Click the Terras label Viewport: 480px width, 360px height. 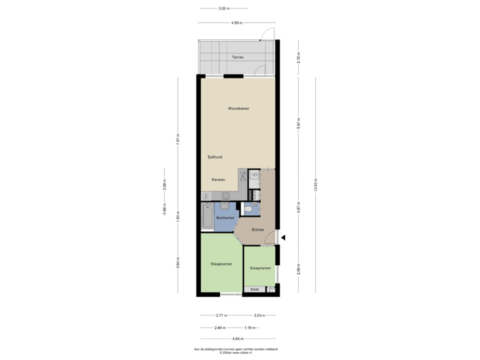(237, 57)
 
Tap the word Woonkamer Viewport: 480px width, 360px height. (238, 108)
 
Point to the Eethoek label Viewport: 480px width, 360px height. (215, 157)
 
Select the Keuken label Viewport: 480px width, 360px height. (219, 180)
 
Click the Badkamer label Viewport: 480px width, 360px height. (225, 218)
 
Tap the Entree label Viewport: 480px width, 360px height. (257, 230)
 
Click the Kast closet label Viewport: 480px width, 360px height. (255, 289)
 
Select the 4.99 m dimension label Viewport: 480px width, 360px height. (237, 23)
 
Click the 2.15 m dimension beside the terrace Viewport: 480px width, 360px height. (298, 57)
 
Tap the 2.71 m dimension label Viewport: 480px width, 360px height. (221, 315)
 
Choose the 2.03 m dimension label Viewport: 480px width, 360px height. (259, 315)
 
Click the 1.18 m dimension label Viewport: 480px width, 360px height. (249, 327)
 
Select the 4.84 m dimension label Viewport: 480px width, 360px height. (237, 339)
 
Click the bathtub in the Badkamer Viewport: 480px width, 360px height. (207, 217)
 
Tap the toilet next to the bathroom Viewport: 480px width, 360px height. (248, 209)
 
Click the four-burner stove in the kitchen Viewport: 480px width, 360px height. (253, 177)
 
